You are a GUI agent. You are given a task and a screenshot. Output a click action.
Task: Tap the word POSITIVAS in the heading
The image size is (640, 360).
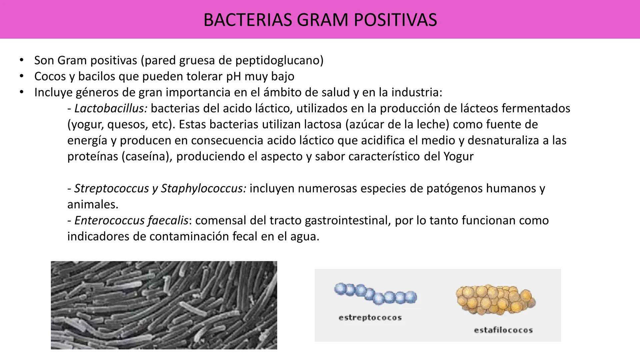tap(395, 20)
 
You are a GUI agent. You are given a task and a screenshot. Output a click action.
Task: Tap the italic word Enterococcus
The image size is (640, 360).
tap(109, 221)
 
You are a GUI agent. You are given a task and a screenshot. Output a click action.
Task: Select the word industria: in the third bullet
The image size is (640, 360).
tap(417, 93)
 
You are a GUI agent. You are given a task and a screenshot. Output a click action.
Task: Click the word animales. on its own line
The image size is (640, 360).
tap(93, 205)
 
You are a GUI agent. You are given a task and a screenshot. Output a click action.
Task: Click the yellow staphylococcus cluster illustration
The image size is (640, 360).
tap(495, 299)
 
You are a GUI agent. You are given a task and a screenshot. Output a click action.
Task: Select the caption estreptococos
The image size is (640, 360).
tap(370, 318)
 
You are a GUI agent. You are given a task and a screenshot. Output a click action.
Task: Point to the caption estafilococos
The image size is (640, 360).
tap(503, 330)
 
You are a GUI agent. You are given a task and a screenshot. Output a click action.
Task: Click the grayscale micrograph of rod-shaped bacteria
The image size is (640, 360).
tap(164, 305)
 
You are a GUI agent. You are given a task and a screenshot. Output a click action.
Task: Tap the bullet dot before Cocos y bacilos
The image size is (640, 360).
tap(22, 77)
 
